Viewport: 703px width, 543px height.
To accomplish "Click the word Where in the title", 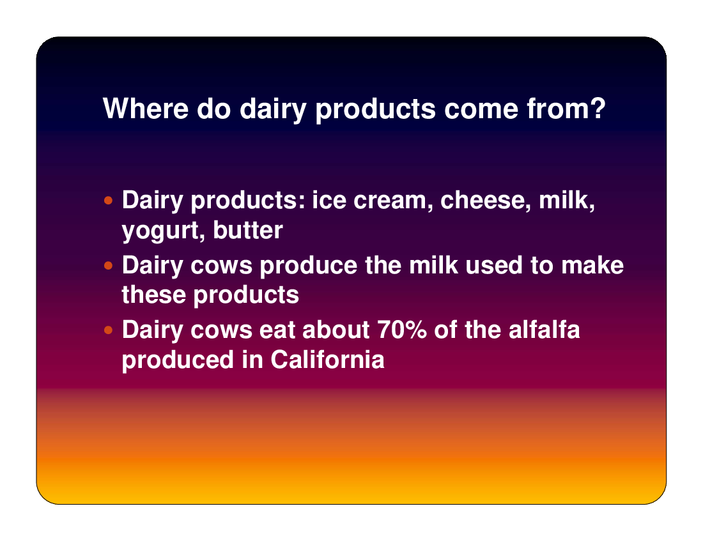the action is tap(146, 109).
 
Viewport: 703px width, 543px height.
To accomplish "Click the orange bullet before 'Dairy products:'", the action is tap(108, 200).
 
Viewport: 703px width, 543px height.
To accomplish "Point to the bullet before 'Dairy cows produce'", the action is tap(108, 266).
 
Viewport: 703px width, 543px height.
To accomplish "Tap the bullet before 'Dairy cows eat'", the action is tap(108, 331).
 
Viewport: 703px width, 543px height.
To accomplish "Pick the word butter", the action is tap(248, 230).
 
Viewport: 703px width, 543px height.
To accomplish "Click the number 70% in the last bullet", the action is tap(402, 330).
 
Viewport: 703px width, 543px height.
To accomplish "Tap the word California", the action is tap(327, 359).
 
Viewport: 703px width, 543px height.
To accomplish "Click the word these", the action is tap(154, 294).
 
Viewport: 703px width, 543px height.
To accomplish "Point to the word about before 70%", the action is tap(336, 330).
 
